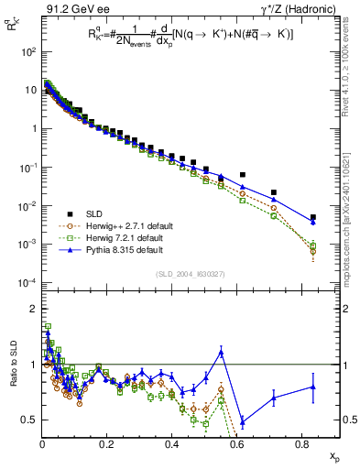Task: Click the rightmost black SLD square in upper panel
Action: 313,217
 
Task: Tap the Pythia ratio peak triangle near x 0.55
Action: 221,352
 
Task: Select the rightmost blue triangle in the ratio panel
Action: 313,387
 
